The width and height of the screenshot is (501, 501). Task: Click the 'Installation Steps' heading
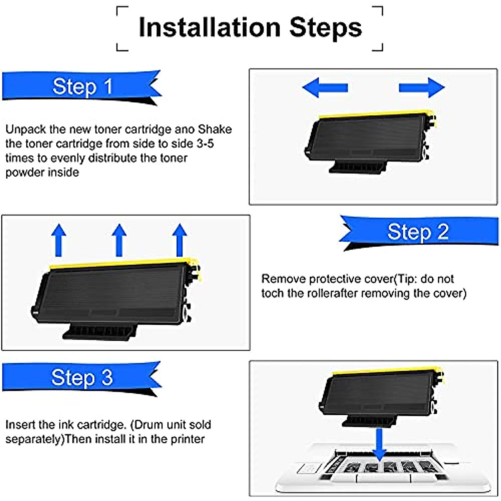[250, 28]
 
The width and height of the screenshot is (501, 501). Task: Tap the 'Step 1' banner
[82, 86]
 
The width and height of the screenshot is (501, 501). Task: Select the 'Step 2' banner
[417, 232]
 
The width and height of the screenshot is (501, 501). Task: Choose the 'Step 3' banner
[82, 377]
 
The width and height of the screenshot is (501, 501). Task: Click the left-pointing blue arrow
[324, 88]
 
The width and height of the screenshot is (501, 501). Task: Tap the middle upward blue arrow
[119, 240]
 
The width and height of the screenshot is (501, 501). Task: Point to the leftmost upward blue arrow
[59, 240]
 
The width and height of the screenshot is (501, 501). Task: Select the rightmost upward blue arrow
[180, 240]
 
